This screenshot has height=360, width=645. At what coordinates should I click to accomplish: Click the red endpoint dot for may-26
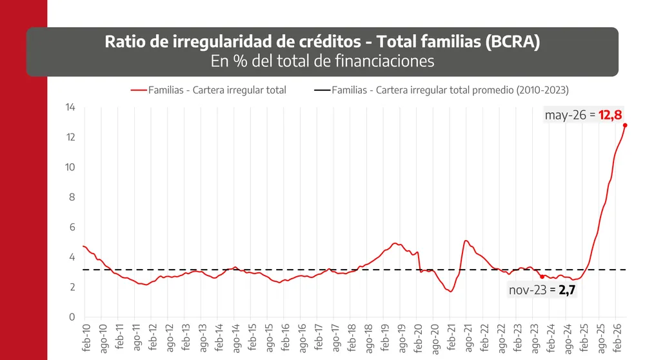[x=625, y=126]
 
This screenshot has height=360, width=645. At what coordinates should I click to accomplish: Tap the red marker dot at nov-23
[x=542, y=277]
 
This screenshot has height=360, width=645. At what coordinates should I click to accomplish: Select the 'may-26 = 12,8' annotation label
[x=583, y=115]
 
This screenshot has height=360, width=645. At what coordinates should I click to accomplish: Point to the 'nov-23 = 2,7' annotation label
[x=542, y=290]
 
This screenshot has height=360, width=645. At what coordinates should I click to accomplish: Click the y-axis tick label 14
[x=70, y=107]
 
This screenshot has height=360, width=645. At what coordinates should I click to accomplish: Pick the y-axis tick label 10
[x=70, y=167]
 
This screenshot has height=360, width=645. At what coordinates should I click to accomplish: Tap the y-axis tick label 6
[x=72, y=227]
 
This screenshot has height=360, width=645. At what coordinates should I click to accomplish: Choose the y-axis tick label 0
[x=72, y=317]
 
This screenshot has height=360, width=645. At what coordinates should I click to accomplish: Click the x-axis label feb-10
[x=86, y=338]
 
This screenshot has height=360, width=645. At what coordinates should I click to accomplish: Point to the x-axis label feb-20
[x=418, y=338]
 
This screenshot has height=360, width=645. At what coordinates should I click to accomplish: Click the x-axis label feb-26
[x=617, y=338]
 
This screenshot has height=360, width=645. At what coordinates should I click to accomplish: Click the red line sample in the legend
[x=139, y=90]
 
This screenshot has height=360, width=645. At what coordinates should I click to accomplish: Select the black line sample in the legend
[x=322, y=90]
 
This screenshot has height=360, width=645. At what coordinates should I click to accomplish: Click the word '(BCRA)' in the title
[x=513, y=41]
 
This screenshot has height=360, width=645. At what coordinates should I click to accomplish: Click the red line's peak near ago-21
[x=466, y=241]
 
